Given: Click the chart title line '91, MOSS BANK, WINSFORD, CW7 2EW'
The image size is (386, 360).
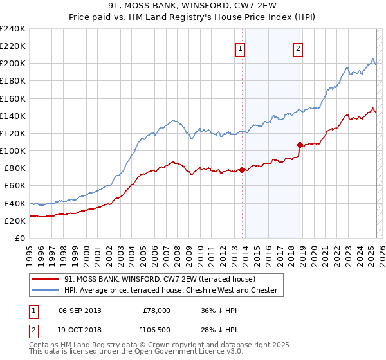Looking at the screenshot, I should pyautogui.click(x=193, y=6).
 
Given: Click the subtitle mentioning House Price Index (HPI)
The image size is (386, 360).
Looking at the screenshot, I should pyautogui.click(x=193, y=17).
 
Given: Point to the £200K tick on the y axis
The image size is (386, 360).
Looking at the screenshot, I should pyautogui.click(x=13, y=64).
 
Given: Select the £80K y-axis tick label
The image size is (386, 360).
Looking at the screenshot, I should pyautogui.click(x=15, y=168).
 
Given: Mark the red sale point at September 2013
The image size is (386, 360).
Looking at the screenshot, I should pyautogui.click(x=242, y=170).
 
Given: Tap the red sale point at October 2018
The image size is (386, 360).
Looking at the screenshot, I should pyautogui.click(x=300, y=145).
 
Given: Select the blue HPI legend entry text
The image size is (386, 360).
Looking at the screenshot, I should pyautogui.click(x=170, y=291).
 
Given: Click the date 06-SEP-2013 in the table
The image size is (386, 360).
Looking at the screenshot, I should pyautogui.click(x=80, y=310).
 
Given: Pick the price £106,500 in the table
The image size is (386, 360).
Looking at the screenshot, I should pyautogui.click(x=156, y=329).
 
